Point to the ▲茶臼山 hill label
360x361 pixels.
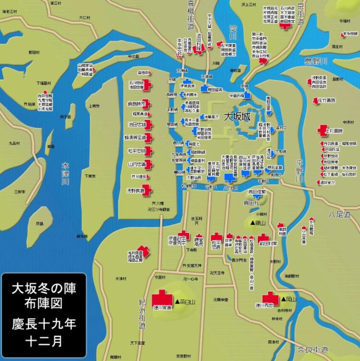(185, 302)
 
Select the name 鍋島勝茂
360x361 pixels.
(137, 103)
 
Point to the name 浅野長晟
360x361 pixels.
(136, 191)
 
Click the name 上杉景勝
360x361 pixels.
(334, 131)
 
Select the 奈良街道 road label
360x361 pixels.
(312, 349)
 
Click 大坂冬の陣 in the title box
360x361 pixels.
(44, 289)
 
